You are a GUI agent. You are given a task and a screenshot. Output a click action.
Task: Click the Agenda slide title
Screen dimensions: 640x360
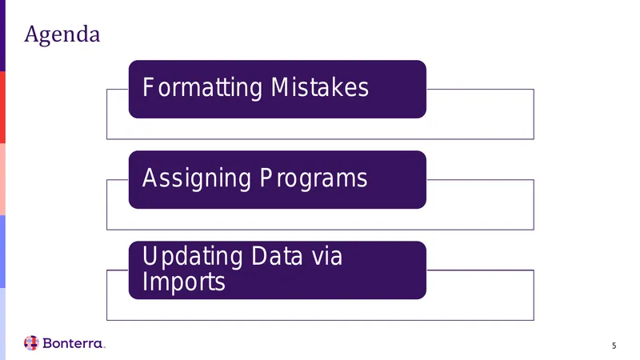point(62,34)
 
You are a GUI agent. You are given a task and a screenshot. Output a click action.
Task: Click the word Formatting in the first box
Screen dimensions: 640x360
point(202,87)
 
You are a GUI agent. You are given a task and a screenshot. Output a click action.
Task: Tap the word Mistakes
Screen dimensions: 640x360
point(319,87)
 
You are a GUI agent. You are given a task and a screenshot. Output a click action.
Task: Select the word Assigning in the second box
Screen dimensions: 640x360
point(196,178)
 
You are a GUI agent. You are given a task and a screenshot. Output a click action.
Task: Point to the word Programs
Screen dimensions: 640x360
point(314,178)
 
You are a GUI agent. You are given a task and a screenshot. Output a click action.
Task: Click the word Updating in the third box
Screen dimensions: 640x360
point(192,257)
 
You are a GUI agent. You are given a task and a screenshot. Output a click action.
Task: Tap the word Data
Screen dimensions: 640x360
point(277,256)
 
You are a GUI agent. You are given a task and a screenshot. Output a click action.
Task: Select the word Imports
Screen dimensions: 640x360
point(184,282)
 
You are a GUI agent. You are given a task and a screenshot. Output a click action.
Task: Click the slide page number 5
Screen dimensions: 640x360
point(614,346)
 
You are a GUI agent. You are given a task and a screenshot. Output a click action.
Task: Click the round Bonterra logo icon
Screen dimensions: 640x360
point(31,343)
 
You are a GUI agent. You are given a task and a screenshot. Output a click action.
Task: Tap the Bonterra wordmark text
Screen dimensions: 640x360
point(74,343)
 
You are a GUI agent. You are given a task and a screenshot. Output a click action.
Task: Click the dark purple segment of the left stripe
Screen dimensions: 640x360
point(2,35)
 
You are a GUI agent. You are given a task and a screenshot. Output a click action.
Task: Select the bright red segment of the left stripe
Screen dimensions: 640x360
point(2,107)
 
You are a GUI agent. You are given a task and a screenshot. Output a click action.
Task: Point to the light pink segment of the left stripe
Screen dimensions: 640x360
point(2,179)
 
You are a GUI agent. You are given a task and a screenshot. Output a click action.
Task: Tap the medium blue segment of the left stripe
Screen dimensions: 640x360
point(2,251)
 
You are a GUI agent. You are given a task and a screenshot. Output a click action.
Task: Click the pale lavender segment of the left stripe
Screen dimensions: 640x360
point(2,324)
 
